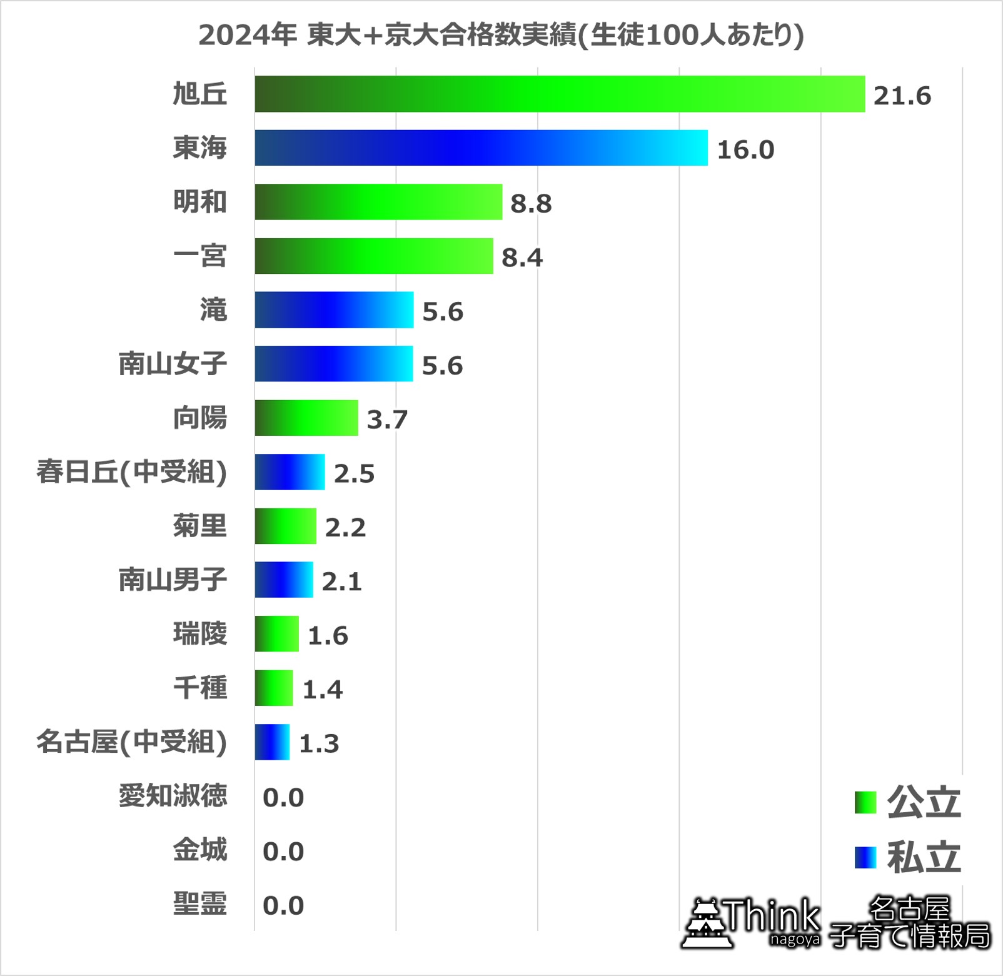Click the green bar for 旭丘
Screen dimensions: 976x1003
pos(560,94)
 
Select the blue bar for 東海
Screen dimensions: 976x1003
pos(481,148)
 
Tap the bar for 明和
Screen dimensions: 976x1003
pos(378,202)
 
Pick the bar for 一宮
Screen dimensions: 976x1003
pos(374,256)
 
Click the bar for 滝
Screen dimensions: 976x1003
pos(334,309)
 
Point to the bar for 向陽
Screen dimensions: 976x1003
pos(306,418)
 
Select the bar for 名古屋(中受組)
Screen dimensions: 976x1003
pos(272,742)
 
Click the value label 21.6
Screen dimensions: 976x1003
pos(902,96)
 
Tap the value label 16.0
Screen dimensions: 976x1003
pos(745,150)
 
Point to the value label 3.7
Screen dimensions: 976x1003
pos(387,420)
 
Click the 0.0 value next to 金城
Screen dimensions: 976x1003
pos(283,852)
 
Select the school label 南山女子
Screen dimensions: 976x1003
pos(173,364)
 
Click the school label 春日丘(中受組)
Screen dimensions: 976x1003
pos(131,472)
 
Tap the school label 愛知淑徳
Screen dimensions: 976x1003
pos(173,796)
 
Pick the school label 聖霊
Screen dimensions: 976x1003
pos(199,904)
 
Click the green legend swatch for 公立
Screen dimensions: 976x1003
pos(865,803)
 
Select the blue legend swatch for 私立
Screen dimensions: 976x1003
pos(865,857)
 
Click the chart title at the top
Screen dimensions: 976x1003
pos(501,35)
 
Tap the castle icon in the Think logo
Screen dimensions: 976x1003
pos(707,923)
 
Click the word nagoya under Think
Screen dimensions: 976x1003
pos(794,940)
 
